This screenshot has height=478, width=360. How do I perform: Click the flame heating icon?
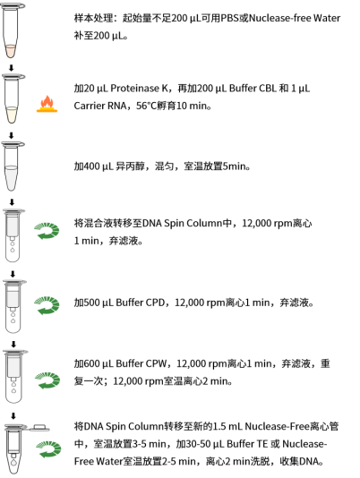pyautogui.click(x=47, y=104)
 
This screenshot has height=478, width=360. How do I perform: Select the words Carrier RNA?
pyautogui.click(x=100, y=106)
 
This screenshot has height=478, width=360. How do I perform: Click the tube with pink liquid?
pyautogui.click(x=12, y=30)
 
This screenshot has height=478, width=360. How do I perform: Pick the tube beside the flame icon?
pyautogui.click(x=12, y=98)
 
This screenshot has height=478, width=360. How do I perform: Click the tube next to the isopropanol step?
pyautogui.click(x=12, y=166)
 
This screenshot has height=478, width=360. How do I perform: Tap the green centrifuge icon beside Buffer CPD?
pyautogui.click(x=47, y=305)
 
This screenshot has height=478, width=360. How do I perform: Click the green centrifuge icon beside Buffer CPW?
pyautogui.click(x=47, y=380)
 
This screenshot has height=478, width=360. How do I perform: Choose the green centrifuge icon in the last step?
pyautogui.click(x=48, y=449)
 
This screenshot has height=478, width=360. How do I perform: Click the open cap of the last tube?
pyautogui.click(x=39, y=427)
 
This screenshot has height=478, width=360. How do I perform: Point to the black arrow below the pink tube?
pyautogui.click(x=12, y=68)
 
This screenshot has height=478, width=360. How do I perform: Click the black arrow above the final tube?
pyautogui.click(x=13, y=416)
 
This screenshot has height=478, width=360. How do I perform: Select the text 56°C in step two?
pyautogui.click(x=147, y=106)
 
